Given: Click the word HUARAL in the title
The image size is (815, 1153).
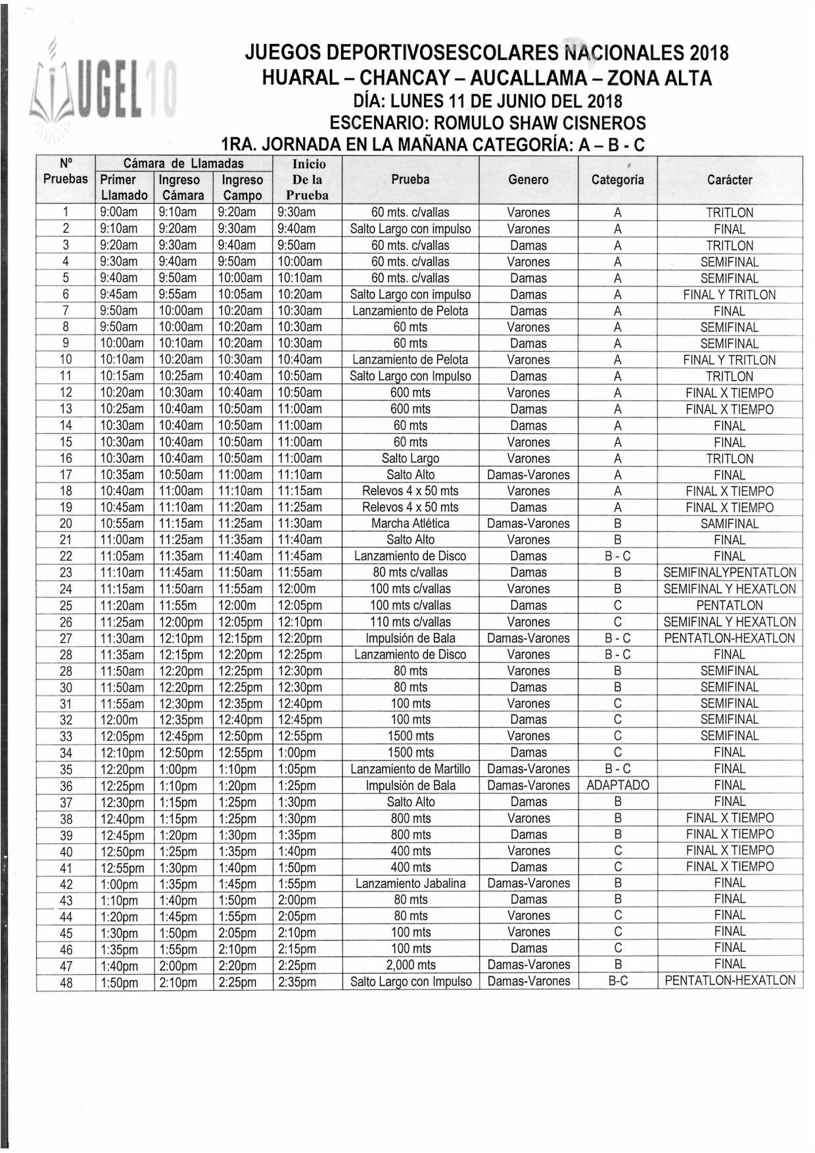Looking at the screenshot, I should pos(300,78).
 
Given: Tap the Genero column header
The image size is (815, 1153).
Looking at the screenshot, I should pos(528,179).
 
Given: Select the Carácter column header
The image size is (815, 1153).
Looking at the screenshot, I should pos(730,179).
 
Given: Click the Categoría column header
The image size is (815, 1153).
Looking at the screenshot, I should pos(617,179).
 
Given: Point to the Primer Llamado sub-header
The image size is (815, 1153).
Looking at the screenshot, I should pos(124,187).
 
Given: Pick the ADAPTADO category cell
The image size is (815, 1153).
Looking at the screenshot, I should pos(617,785).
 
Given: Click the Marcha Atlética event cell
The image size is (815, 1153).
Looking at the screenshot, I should pos(410,523).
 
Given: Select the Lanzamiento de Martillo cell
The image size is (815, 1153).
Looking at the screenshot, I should pos(410,768).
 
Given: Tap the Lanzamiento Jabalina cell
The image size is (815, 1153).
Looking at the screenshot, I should pos(410,883).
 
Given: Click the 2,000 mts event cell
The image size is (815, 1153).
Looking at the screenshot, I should pos(410,964).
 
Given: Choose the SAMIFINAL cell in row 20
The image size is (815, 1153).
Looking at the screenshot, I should pos(730,523).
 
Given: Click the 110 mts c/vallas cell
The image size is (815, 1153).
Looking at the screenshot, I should pos(410,621).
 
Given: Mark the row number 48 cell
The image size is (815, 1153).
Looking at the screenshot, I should pos(66,982).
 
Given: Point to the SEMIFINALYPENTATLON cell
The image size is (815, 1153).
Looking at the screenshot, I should pos(730,572).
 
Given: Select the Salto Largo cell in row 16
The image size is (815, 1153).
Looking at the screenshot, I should pos(410,458).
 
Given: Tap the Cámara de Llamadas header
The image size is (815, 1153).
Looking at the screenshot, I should pos(183,163).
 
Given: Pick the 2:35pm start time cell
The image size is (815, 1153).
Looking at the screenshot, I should pos(297,982).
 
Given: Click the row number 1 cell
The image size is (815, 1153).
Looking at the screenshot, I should pos(66,212).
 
